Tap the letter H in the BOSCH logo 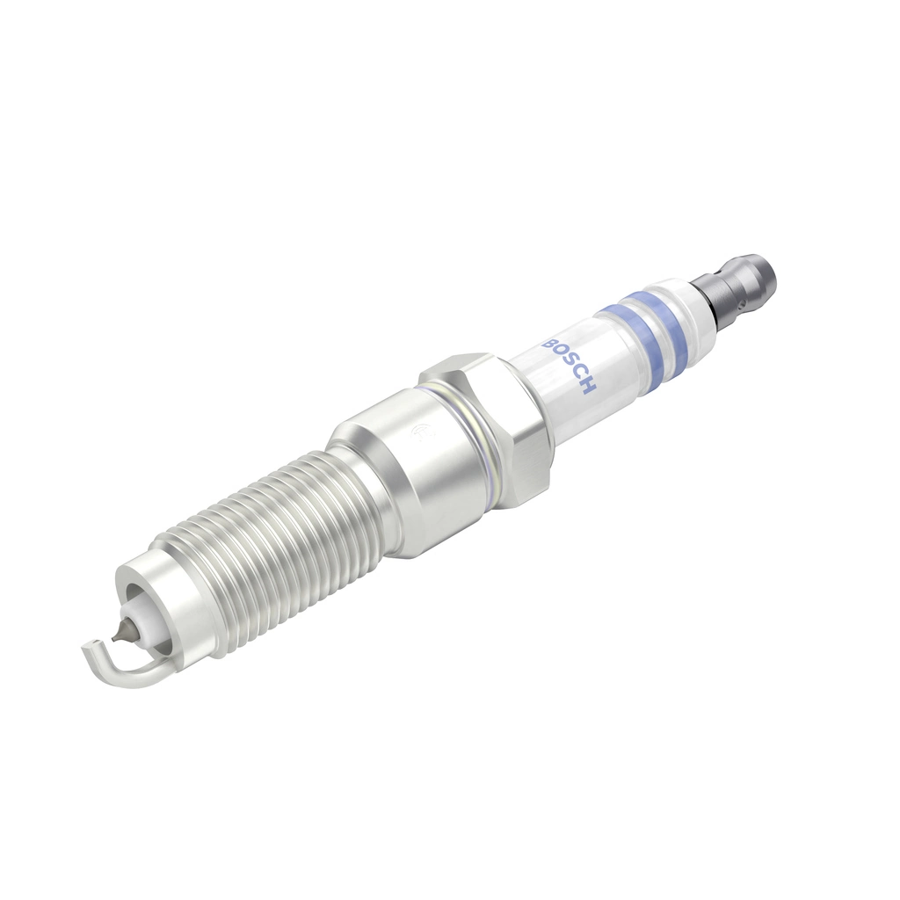[x=590, y=388]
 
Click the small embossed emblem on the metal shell [x=420, y=430]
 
